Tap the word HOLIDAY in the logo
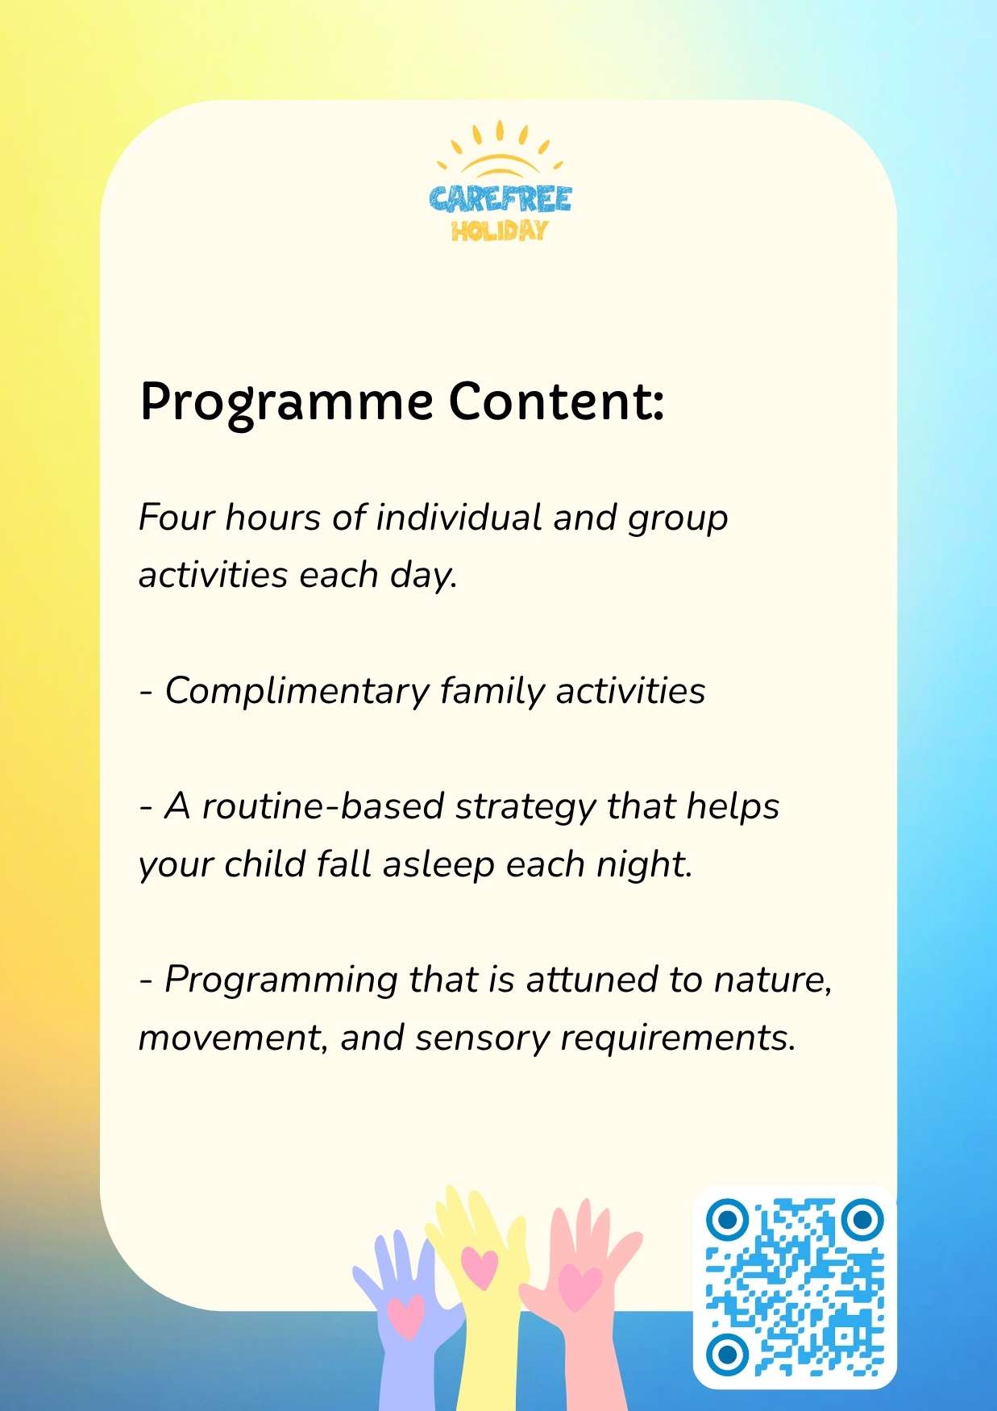point(500,231)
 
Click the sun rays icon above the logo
point(500,148)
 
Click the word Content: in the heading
point(557,401)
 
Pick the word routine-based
point(322,806)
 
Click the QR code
point(795,1288)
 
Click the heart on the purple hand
point(405,1316)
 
